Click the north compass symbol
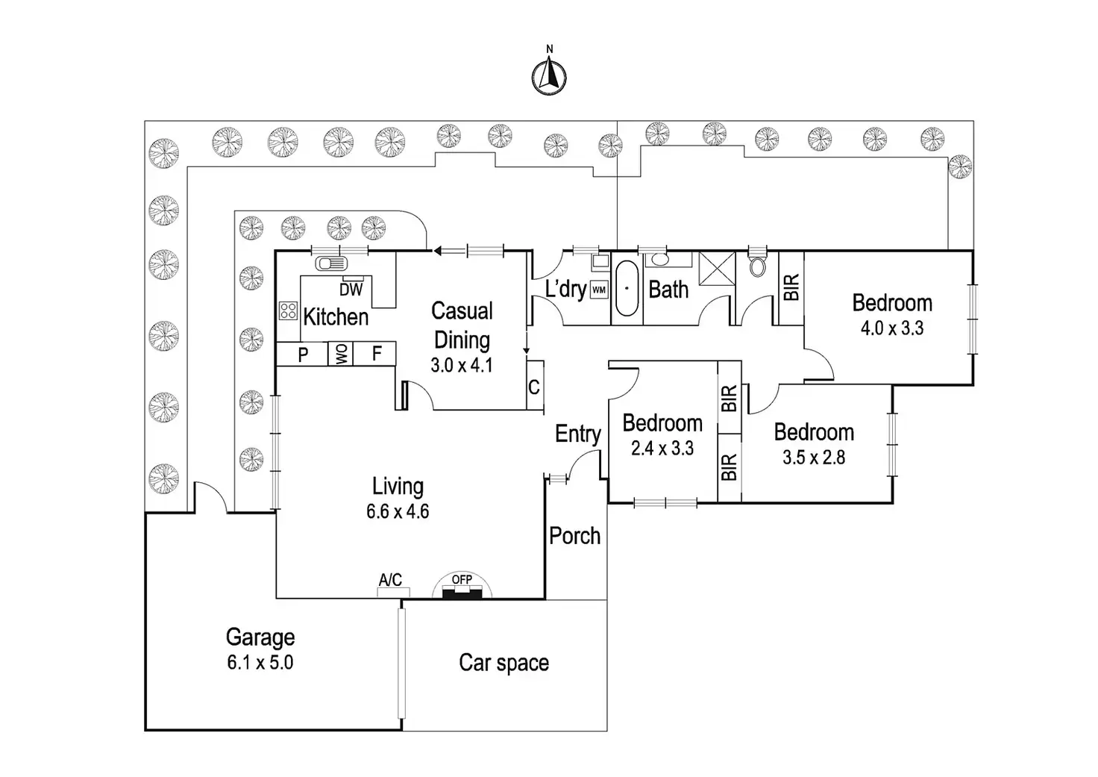click(549, 76)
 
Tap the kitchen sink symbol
click(331, 263)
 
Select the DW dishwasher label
click(351, 290)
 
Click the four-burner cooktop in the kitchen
click(288, 311)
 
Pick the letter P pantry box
click(303, 355)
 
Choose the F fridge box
click(377, 354)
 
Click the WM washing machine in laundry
click(598, 290)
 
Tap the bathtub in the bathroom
click(627, 288)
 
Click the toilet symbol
click(756, 264)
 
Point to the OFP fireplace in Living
click(462, 587)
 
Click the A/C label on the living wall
click(390, 581)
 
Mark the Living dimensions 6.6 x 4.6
click(398, 512)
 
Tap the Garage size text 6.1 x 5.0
click(260, 662)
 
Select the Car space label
click(503, 663)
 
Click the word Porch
click(574, 536)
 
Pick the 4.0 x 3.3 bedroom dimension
click(892, 328)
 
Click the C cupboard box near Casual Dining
click(534, 387)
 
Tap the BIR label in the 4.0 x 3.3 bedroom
click(791, 287)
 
